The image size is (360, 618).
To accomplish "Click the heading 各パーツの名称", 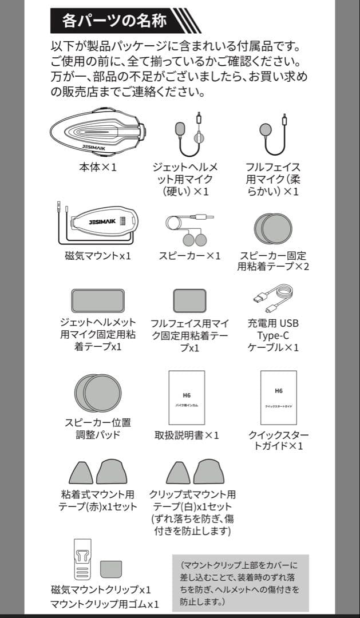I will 114,21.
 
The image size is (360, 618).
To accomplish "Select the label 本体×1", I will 97,168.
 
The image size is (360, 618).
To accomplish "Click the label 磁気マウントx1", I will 97,256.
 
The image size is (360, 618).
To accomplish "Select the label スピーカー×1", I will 189,256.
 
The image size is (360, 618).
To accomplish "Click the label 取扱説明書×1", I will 187,436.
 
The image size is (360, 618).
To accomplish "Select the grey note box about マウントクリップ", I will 240,583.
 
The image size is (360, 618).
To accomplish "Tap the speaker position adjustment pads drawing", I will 97,393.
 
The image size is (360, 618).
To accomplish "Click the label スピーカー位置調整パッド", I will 97,429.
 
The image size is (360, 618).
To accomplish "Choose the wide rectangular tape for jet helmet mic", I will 98,301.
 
